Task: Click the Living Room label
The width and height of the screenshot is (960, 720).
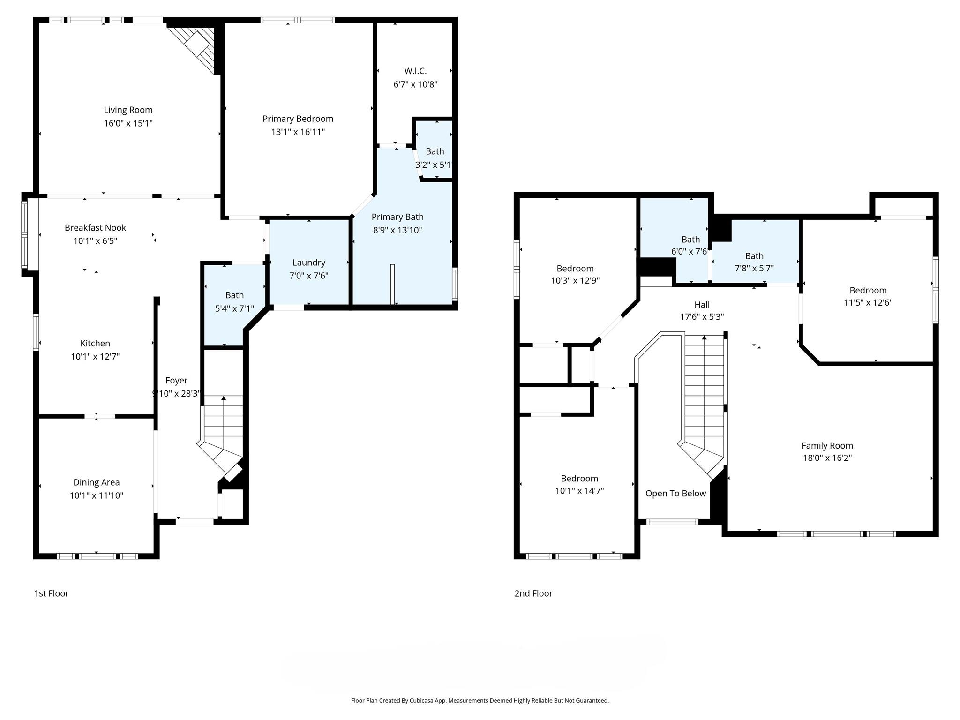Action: pyautogui.click(x=128, y=110)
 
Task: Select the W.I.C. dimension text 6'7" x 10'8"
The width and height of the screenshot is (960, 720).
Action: pyautogui.click(x=415, y=84)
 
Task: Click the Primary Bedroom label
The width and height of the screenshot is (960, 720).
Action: pyautogui.click(x=298, y=119)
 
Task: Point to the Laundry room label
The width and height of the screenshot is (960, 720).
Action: pyautogui.click(x=308, y=262)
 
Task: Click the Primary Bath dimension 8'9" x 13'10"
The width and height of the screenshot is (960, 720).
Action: pyautogui.click(x=397, y=230)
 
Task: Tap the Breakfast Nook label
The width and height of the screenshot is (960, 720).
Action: pyautogui.click(x=95, y=227)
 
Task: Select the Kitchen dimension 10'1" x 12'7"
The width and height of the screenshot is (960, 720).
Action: pyautogui.click(x=95, y=357)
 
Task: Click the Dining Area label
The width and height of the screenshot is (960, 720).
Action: pyautogui.click(x=96, y=482)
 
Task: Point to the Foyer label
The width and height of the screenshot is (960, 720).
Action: pyautogui.click(x=176, y=380)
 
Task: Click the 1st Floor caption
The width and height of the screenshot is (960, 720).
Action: pyautogui.click(x=52, y=593)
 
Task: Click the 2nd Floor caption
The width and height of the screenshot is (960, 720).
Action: pyautogui.click(x=533, y=593)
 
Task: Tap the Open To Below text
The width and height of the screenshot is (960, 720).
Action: pyautogui.click(x=675, y=493)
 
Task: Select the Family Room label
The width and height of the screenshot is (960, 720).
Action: pyautogui.click(x=827, y=446)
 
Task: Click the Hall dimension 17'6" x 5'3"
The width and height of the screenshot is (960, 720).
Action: pyautogui.click(x=702, y=317)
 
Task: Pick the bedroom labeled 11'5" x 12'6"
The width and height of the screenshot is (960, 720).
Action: pyautogui.click(x=868, y=296)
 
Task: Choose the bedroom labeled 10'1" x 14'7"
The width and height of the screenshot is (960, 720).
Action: pyautogui.click(x=579, y=485)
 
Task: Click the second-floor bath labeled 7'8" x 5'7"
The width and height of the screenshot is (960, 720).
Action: pyautogui.click(x=754, y=262)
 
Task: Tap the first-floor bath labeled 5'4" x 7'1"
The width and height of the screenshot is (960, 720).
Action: pyautogui.click(x=234, y=301)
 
